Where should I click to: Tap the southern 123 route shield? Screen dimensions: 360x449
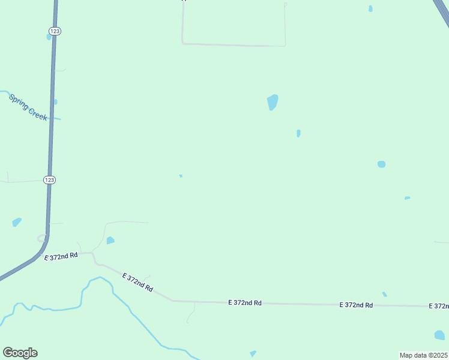(x=50, y=179)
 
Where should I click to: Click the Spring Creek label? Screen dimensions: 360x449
(x=28, y=107)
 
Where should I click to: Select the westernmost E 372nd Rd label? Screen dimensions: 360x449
(x=61, y=256)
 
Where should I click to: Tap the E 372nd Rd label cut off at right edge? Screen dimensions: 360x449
(x=439, y=306)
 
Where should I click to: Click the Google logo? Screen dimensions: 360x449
(x=20, y=353)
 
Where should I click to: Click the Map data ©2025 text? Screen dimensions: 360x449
(x=423, y=355)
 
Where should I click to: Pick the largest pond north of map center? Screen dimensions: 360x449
(x=273, y=102)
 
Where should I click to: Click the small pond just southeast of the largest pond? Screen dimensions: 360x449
(x=298, y=133)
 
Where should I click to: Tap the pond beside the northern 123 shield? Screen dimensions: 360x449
(x=49, y=37)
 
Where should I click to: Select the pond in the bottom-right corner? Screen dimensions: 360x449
(x=439, y=335)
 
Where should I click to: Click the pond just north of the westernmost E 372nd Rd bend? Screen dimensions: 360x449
(x=110, y=241)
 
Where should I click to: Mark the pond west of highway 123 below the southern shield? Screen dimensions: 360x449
(x=17, y=222)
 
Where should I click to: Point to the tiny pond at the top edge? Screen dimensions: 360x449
(x=370, y=8)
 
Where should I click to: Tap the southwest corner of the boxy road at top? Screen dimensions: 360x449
(x=182, y=43)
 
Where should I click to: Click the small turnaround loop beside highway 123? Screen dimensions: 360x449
(x=42, y=238)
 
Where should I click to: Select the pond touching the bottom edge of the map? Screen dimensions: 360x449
(x=253, y=353)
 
